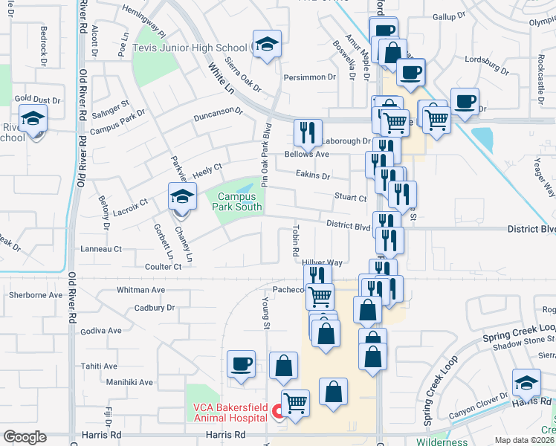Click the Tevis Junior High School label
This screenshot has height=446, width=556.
pyautogui.click(x=190, y=48)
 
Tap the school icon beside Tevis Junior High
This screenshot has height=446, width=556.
pyautogui.click(x=266, y=45)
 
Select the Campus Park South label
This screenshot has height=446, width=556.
pyautogui.click(x=239, y=202)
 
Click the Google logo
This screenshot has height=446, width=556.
pyautogui.click(x=25, y=437)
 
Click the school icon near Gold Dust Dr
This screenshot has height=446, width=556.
pyautogui.click(x=33, y=118)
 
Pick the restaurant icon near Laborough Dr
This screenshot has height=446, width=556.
pyautogui.click(x=308, y=133)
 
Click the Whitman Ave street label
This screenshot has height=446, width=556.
pyautogui.click(x=140, y=290)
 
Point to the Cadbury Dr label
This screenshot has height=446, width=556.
pyautogui.click(x=155, y=308)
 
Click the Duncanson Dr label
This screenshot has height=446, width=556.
pyautogui.click(x=219, y=114)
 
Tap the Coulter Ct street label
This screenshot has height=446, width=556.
pyautogui.click(x=164, y=267)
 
